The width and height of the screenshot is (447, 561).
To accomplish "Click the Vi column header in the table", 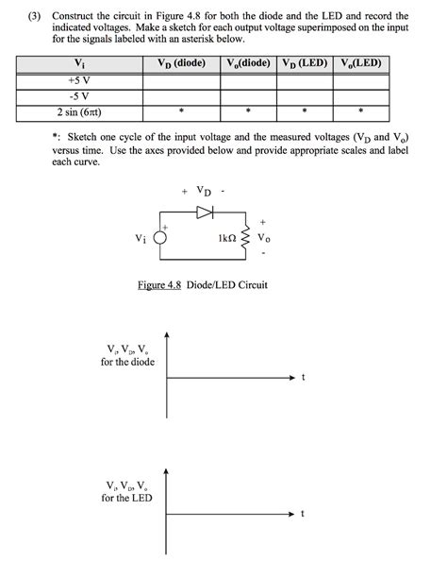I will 78,64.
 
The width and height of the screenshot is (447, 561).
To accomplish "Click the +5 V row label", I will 78,81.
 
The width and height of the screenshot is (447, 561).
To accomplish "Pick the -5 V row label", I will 78,96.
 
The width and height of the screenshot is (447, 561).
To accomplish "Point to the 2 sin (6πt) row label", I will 78,111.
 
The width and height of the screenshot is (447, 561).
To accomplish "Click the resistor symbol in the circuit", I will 247,241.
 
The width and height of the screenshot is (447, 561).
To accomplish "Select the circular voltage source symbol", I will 160,240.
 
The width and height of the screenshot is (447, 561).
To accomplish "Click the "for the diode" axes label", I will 127,363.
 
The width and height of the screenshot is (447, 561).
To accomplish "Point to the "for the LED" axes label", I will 127,498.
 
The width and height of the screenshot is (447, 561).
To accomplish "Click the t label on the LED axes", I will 303,514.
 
